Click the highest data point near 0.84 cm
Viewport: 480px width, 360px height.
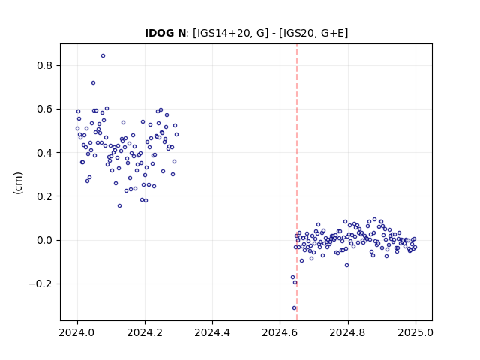click(x=103, y=56)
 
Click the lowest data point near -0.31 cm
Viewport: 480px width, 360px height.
click(x=295, y=308)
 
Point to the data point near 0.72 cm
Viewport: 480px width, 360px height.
click(x=93, y=83)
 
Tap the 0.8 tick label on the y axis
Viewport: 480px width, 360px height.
click(x=43, y=65)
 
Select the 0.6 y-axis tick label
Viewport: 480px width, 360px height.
click(x=43, y=109)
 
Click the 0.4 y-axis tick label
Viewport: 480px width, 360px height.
click(x=43, y=153)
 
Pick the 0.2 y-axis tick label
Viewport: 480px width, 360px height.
click(x=43, y=196)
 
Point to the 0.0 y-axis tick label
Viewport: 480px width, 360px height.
click(x=43, y=240)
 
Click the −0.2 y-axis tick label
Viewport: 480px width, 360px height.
click(x=40, y=284)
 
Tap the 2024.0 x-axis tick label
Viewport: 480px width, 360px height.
click(x=77, y=332)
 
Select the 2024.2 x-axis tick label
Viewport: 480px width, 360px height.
click(x=145, y=332)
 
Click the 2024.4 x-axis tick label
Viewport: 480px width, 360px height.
click(x=212, y=332)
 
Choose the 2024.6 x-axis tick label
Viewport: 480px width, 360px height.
click(x=280, y=332)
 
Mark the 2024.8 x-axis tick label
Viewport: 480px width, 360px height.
click(x=348, y=332)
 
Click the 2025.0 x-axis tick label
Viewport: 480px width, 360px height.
click(x=415, y=332)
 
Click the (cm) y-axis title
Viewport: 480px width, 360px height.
click(x=18, y=183)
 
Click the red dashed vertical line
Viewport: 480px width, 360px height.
click(x=297, y=182)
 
